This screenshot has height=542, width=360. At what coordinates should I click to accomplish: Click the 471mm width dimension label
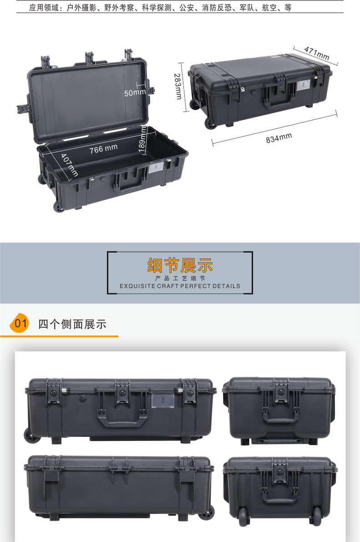pyautogui.click(x=316, y=53)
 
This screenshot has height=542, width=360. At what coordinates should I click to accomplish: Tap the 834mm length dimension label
pyautogui.click(x=279, y=138)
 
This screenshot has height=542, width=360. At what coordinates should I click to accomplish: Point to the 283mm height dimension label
pyautogui.click(x=178, y=86)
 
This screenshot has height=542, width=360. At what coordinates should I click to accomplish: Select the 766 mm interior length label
pyautogui.click(x=103, y=149)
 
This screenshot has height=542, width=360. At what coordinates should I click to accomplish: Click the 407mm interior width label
pyautogui.click(x=70, y=165)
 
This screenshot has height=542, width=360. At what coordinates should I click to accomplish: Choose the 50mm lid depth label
pyautogui.click(x=135, y=93)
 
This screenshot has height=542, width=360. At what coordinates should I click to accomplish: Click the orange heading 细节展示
pyautogui.click(x=180, y=265)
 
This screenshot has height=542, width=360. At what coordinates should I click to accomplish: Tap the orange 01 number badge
pyautogui.click(x=20, y=324)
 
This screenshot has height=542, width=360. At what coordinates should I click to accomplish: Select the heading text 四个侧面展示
pyautogui.click(x=72, y=324)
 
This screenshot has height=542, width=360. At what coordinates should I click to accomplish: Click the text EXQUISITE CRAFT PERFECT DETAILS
pyautogui.click(x=180, y=286)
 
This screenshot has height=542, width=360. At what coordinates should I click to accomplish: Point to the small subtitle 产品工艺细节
pyautogui.click(x=180, y=278)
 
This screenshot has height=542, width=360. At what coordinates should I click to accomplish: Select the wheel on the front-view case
pyautogui.click(x=32, y=436)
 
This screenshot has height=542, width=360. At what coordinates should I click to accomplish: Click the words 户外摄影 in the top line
pyautogui.click(x=81, y=8)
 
